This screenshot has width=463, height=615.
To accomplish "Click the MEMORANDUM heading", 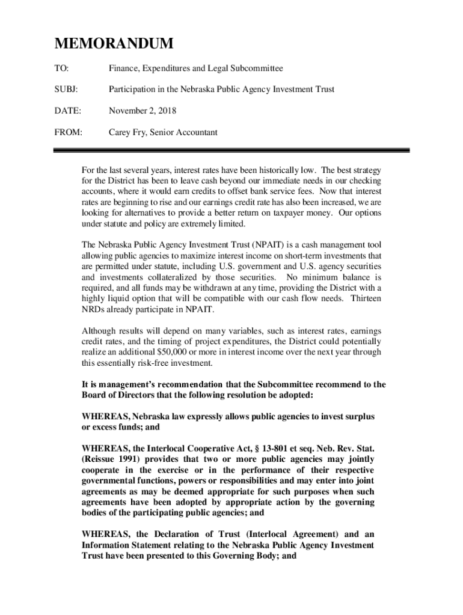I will [114, 44].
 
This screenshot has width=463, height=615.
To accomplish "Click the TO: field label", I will [61, 69].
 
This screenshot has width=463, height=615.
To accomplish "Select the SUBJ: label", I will [66, 90].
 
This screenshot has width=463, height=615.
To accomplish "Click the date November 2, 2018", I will [143, 111].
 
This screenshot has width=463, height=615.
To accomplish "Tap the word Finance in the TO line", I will [124, 69].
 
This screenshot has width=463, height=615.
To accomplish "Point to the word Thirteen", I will [366, 298].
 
